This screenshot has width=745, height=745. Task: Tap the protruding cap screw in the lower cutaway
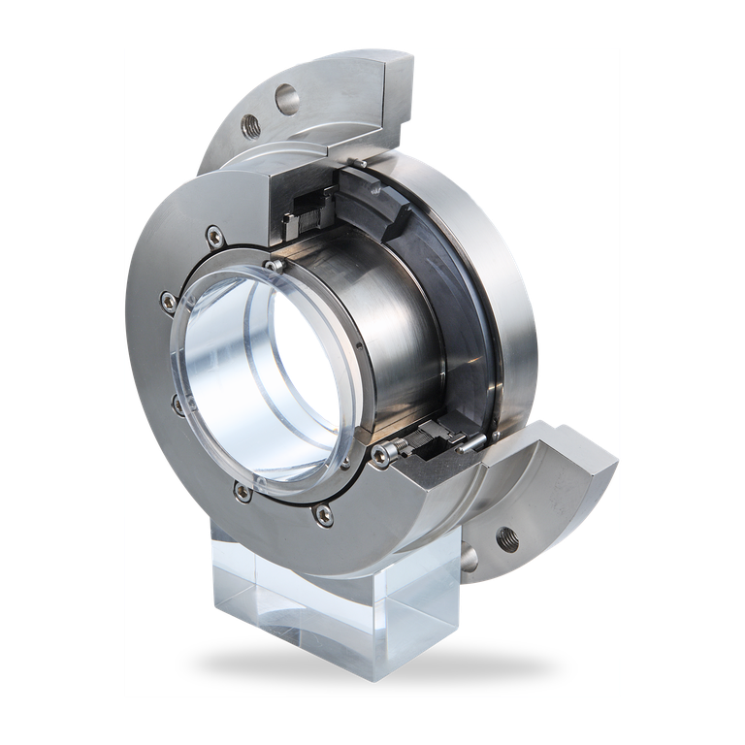tap(391, 447)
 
